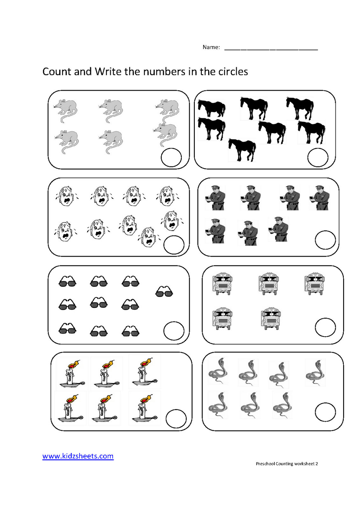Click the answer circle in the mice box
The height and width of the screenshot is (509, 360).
[x=171, y=157]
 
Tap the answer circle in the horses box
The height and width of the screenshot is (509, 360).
[x=318, y=157]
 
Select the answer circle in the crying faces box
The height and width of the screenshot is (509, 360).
[x=174, y=245]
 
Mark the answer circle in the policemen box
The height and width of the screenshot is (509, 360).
[x=325, y=240]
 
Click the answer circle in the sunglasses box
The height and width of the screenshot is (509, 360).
[x=174, y=331]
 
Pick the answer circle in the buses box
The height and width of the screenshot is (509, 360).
[x=325, y=327]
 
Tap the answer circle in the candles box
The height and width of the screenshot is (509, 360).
[x=176, y=419]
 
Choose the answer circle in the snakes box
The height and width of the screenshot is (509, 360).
[x=325, y=412]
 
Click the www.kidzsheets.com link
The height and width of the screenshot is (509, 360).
[x=78, y=456]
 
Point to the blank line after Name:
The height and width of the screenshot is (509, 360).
[x=271, y=48]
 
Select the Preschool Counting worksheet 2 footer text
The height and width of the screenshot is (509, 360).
[x=287, y=464]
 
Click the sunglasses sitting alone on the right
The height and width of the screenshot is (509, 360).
[x=164, y=291]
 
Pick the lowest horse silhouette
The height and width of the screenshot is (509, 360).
[x=242, y=150]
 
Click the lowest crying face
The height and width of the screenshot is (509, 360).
[x=148, y=237]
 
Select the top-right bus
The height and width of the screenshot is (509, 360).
[x=314, y=283]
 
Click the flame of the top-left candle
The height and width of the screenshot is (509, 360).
[x=74, y=365]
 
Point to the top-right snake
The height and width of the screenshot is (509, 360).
[x=315, y=372]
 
